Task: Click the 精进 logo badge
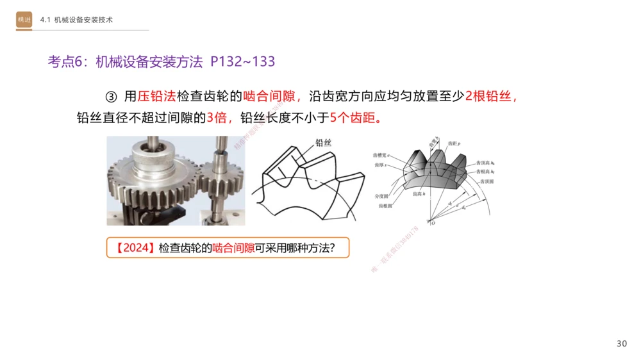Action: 24,20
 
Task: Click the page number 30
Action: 621,344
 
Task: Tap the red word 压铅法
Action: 156,97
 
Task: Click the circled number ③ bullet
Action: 111,97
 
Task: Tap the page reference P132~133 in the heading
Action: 243,61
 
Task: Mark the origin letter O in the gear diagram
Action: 433,223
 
